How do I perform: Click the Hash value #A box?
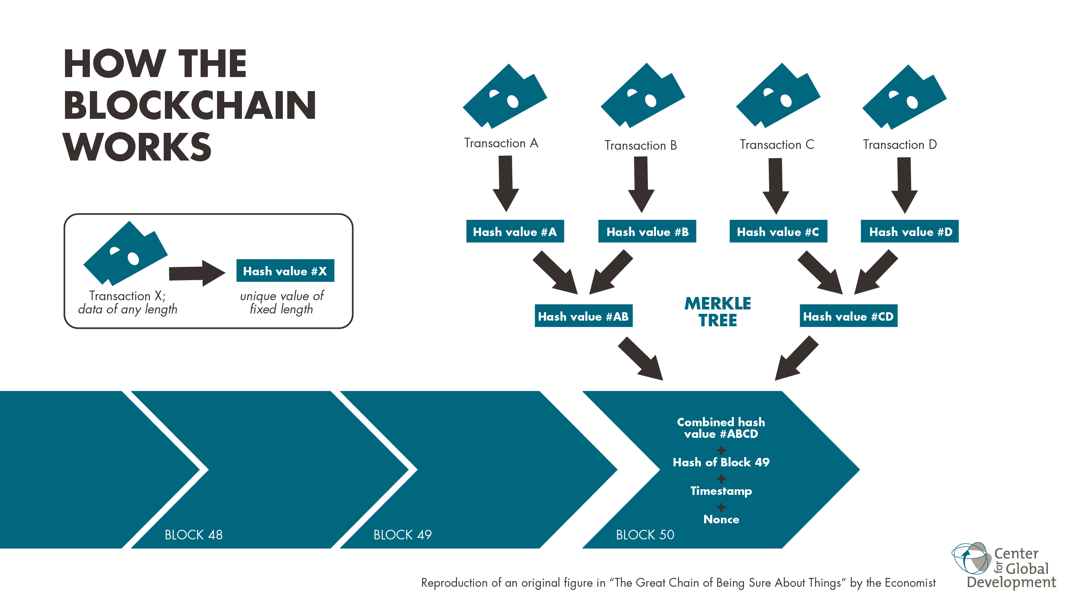[515, 232]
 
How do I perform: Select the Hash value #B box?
[647, 232]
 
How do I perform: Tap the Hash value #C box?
[778, 232]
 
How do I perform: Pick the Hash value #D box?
[909, 232]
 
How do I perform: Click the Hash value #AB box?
[583, 316]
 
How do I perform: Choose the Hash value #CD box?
[848, 316]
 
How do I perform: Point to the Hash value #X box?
[285, 271]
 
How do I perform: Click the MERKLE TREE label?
[717, 311]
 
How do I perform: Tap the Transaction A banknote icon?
[505, 97]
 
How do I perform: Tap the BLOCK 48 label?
[193, 535]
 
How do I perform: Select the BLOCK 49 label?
[402, 535]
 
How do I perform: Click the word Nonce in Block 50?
[721, 519]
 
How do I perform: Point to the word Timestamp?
[721, 491]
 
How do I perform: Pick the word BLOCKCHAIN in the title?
[190, 106]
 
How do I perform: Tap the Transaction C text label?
[777, 144]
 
